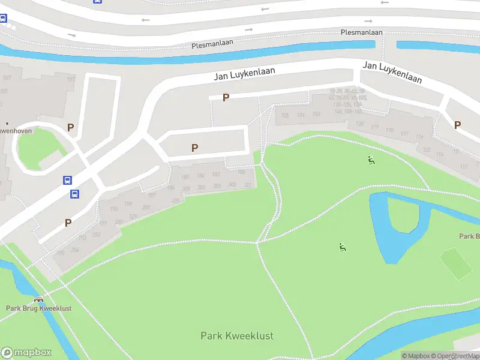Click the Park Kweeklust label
[237, 336]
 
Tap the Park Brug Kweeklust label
[38, 308]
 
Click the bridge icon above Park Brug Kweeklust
[39, 299]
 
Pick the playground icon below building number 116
[371, 160]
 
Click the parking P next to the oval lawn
[70, 127]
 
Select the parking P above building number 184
[194, 148]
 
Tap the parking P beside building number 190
[68, 223]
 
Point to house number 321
[248, 185]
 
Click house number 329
[133, 216]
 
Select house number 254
[75, 250]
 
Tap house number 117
[404, 133]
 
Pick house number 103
[316, 114]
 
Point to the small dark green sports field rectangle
[456, 263]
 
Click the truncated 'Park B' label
[469, 236]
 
